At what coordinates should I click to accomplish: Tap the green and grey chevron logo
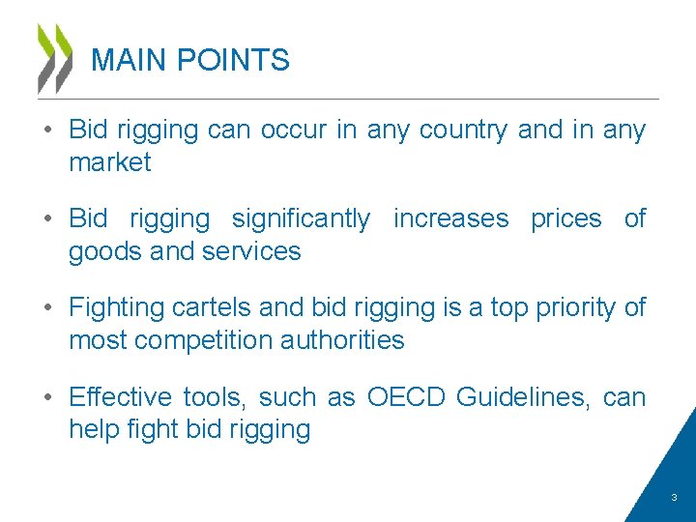[55, 58]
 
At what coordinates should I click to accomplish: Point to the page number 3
[674, 498]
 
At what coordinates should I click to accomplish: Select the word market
[109, 162]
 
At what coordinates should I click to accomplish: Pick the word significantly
[300, 219]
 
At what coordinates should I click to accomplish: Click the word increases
[450, 219]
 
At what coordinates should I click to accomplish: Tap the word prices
[566, 219]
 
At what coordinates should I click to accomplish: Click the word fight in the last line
[151, 429]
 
